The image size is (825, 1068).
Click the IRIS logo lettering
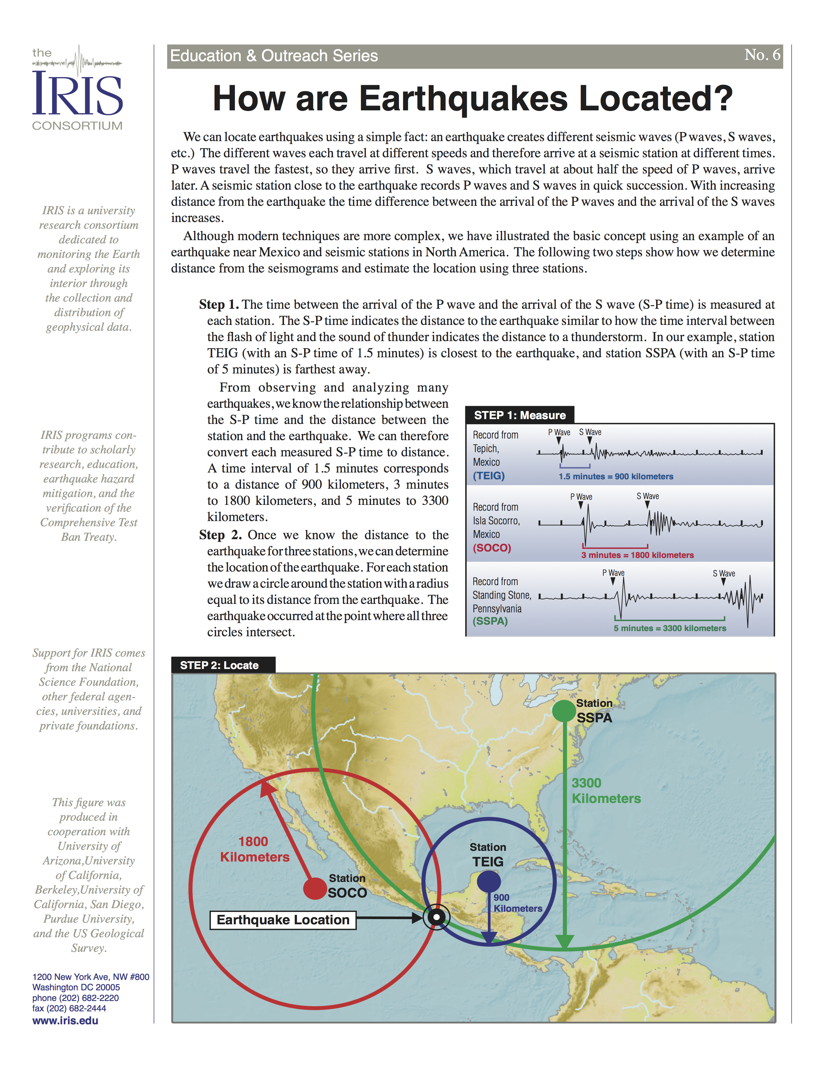pos(77,94)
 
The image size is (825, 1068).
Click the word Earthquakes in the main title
pos(463,99)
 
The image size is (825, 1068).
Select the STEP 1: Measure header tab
pos(520,415)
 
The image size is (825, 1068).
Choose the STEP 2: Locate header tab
pos(219,665)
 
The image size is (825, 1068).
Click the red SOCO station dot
pos(315,888)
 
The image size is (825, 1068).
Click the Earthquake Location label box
pos(283,920)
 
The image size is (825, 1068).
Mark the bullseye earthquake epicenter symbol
pos(436,918)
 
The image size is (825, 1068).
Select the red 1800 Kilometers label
pos(254,850)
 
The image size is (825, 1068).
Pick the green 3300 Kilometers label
pos(606,791)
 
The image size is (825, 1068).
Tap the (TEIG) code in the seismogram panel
pos(489,476)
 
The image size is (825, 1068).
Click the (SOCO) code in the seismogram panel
pos(492,548)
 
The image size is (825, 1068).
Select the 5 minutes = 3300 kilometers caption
pos(670,629)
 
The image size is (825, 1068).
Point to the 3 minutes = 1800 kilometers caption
pos(637,555)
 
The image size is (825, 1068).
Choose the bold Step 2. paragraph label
pos(220,535)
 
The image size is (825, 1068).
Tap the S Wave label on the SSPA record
pos(723,573)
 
